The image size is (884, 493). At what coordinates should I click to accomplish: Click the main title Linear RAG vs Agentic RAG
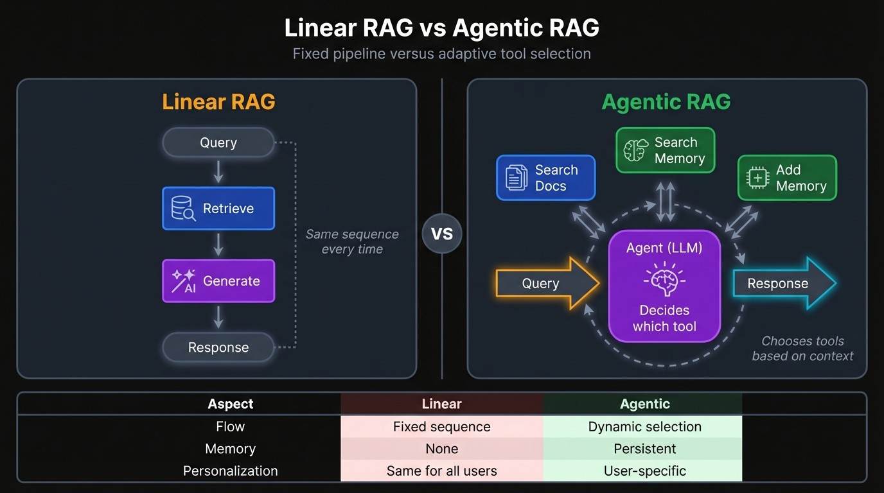441,28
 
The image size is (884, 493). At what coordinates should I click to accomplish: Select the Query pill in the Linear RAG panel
218,143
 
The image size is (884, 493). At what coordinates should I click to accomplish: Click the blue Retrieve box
218,209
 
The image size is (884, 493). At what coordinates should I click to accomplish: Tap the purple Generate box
218,281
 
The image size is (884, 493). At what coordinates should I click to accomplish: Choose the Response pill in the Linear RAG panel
218,347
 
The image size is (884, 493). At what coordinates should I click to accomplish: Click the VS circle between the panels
441,234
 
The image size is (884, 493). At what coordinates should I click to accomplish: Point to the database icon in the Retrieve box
183,209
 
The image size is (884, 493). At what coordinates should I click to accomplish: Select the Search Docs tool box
545,178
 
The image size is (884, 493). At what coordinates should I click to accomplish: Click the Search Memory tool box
665,150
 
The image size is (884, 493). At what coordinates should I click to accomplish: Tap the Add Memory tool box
786,178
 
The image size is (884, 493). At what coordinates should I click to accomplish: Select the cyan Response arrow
782,284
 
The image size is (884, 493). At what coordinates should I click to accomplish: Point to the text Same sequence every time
352,242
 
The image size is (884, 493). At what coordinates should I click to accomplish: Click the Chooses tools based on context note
802,349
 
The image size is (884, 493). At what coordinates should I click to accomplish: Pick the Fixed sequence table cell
441,427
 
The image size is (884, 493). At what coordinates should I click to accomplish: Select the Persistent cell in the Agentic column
644,449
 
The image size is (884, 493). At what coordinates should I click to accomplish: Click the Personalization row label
230,471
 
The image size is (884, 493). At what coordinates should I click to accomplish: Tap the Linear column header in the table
441,404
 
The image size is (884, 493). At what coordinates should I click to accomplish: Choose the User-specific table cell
644,471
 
